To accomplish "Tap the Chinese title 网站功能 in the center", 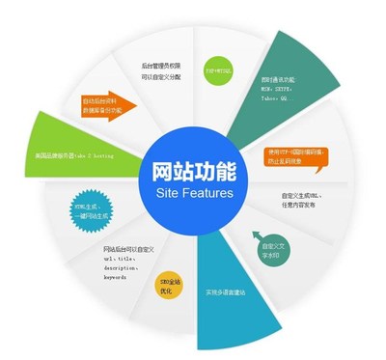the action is (x=194, y=170).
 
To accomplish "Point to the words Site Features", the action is (x=194, y=194).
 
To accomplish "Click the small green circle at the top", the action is (x=217, y=70).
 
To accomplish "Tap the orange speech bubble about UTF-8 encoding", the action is (x=298, y=155).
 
